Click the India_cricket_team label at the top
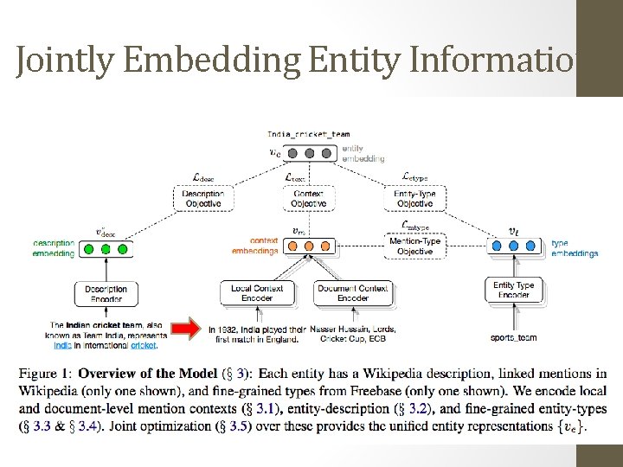tap(309, 134)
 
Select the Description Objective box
tap(203, 199)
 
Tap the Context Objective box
tap(309, 199)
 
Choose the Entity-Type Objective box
tap(414, 199)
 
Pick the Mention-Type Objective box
tap(415, 246)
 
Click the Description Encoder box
tap(106, 293)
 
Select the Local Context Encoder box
tap(257, 293)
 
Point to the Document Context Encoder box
tap(353, 293)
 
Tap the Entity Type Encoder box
tap(514, 290)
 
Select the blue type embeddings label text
tap(574, 248)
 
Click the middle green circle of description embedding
tap(106, 249)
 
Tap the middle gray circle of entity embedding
tap(309, 153)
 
